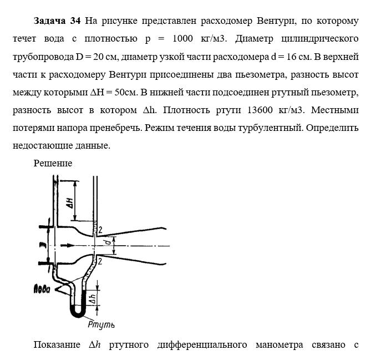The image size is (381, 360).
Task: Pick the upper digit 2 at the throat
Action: tap(100, 229)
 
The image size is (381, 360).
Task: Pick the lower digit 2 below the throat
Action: tap(100, 260)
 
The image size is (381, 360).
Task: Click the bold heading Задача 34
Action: tap(57, 21)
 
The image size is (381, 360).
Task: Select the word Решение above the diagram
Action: tap(53, 163)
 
